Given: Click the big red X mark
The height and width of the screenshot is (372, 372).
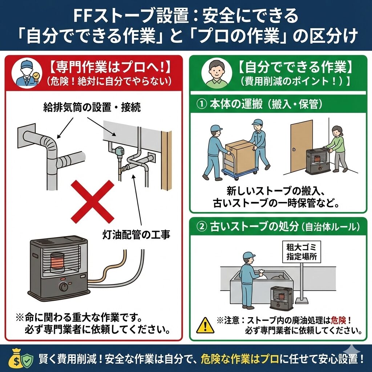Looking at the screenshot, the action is [x=93, y=201].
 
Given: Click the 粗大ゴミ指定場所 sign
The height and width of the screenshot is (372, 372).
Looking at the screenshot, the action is [x=301, y=252].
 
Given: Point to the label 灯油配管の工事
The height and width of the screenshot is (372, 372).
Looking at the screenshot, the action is [x=136, y=235].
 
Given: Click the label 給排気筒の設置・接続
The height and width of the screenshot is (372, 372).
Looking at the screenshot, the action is [x=92, y=107].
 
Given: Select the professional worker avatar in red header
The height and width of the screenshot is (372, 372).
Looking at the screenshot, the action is [x=27, y=73].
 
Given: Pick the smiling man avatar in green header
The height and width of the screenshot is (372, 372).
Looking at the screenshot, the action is [x=217, y=73].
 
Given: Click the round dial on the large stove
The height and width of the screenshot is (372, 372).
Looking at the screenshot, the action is [x=63, y=287].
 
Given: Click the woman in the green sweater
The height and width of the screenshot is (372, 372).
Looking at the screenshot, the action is [x=336, y=149].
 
